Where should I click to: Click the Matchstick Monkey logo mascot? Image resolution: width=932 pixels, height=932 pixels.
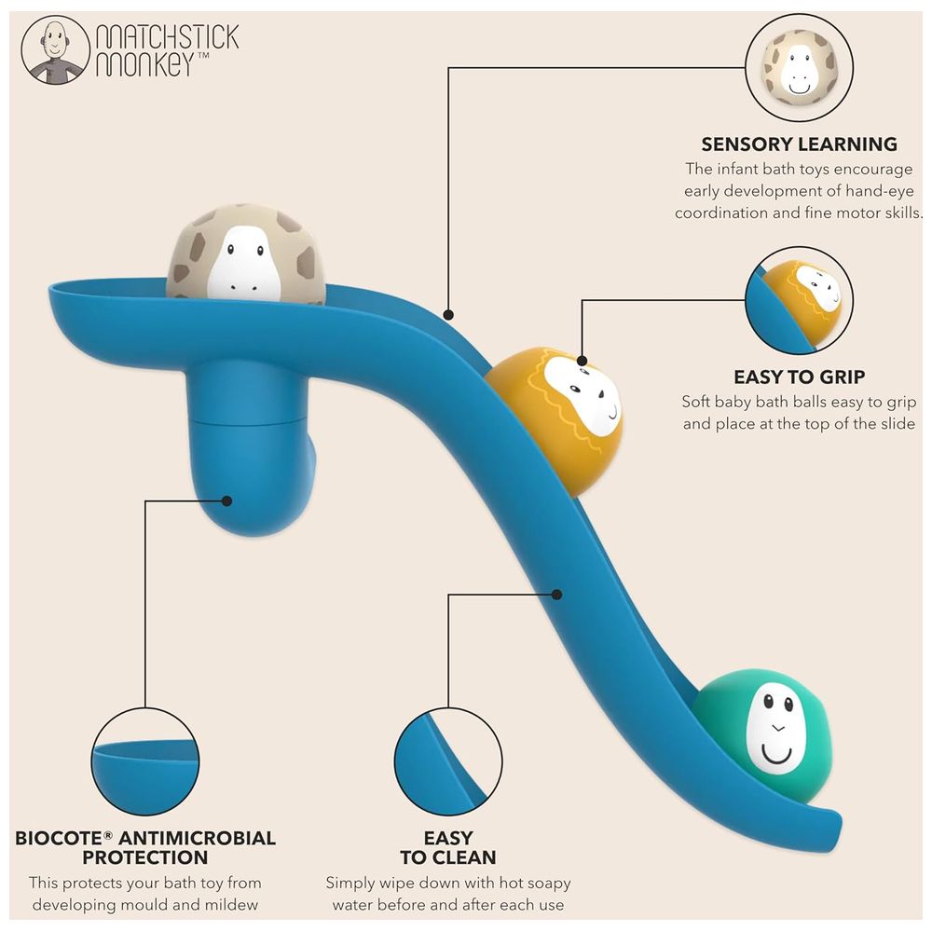tap(55, 50)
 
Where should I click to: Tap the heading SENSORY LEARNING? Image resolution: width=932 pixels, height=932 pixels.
tap(799, 144)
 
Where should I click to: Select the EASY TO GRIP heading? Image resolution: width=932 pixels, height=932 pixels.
tap(799, 377)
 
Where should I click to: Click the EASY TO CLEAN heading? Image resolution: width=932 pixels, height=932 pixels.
tap(447, 847)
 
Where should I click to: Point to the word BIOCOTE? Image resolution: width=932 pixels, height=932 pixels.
tap(58, 838)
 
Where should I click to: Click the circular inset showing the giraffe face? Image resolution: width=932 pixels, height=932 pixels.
tap(799, 67)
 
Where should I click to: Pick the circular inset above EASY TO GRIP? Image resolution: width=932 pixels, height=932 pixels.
tap(799, 301)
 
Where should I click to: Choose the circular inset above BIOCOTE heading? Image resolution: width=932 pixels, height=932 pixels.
tap(145, 761)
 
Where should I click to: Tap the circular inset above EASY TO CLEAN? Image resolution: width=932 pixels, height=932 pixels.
tap(448, 761)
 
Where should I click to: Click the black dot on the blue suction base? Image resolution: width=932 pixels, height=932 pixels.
tap(226, 501)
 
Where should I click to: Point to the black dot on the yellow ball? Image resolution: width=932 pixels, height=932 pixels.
tap(582, 361)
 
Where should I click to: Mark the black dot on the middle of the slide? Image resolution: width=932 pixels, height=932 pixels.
tap(557, 595)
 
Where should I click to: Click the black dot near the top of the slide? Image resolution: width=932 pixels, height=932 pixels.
tap(449, 314)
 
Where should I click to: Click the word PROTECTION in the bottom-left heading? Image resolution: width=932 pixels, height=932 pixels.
tap(145, 857)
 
